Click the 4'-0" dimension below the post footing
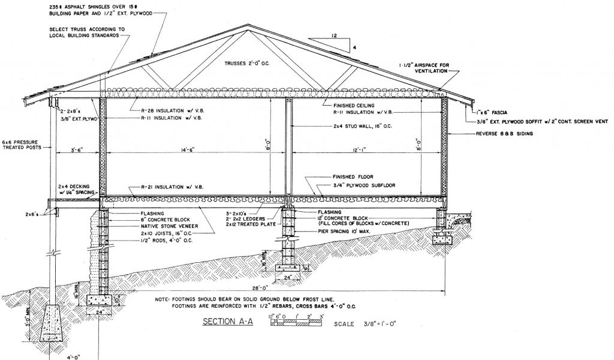coord(61,355)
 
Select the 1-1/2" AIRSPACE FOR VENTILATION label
coord(424,68)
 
